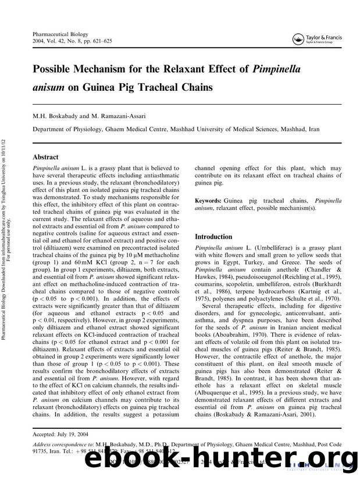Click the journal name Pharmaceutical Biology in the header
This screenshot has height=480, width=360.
point(56,35)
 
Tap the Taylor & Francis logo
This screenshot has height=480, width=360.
point(316,39)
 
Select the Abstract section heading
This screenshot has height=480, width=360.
point(45,157)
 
